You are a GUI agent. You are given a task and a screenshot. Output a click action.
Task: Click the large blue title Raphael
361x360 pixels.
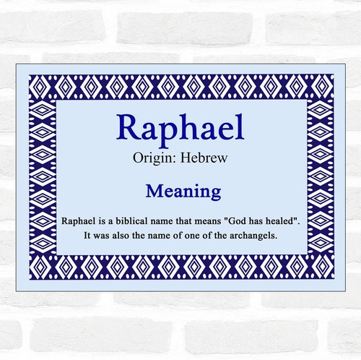coord(180,129)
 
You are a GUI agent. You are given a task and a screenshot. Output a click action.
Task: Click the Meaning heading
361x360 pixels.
coord(181,192)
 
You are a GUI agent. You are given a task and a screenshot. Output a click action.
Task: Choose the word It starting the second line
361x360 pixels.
coord(88,234)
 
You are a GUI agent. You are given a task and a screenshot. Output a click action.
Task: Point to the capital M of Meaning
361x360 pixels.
coord(153,192)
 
